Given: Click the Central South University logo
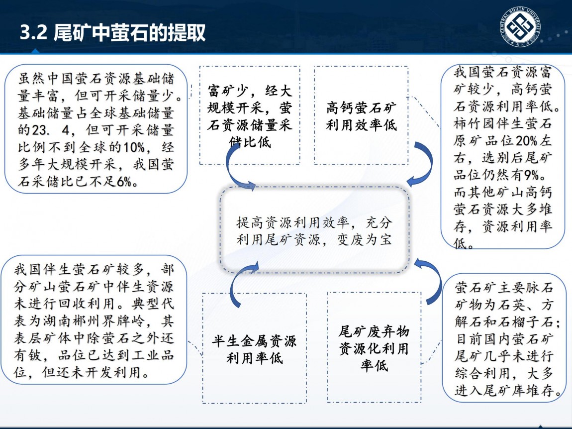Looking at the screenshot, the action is click(x=520, y=27).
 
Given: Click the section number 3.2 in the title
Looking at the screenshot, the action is click(x=33, y=32).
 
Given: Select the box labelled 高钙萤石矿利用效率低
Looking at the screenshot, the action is click(x=361, y=115).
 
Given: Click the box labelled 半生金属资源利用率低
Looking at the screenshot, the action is click(x=254, y=348).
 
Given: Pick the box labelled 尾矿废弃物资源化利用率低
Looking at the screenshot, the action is click(x=374, y=347).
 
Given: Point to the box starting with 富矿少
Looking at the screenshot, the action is click(x=250, y=115).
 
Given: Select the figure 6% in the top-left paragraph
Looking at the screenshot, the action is click(x=124, y=182).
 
